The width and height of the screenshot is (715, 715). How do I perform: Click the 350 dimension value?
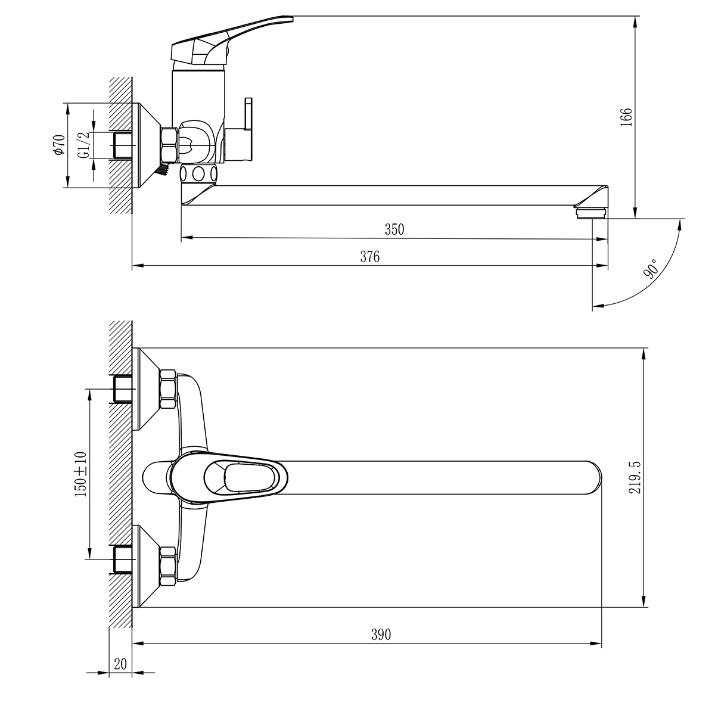(x=394, y=229)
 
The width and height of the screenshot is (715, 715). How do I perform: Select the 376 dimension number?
(x=369, y=257)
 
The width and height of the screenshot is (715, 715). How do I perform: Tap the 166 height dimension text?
(x=626, y=117)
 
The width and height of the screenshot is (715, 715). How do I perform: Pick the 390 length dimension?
(x=381, y=635)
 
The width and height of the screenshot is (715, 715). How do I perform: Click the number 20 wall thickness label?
(x=121, y=664)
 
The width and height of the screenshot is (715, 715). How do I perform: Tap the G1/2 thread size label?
(x=83, y=145)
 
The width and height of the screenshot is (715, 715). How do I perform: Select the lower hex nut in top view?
(x=169, y=567)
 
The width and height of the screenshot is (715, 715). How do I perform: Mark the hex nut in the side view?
(x=169, y=145)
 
